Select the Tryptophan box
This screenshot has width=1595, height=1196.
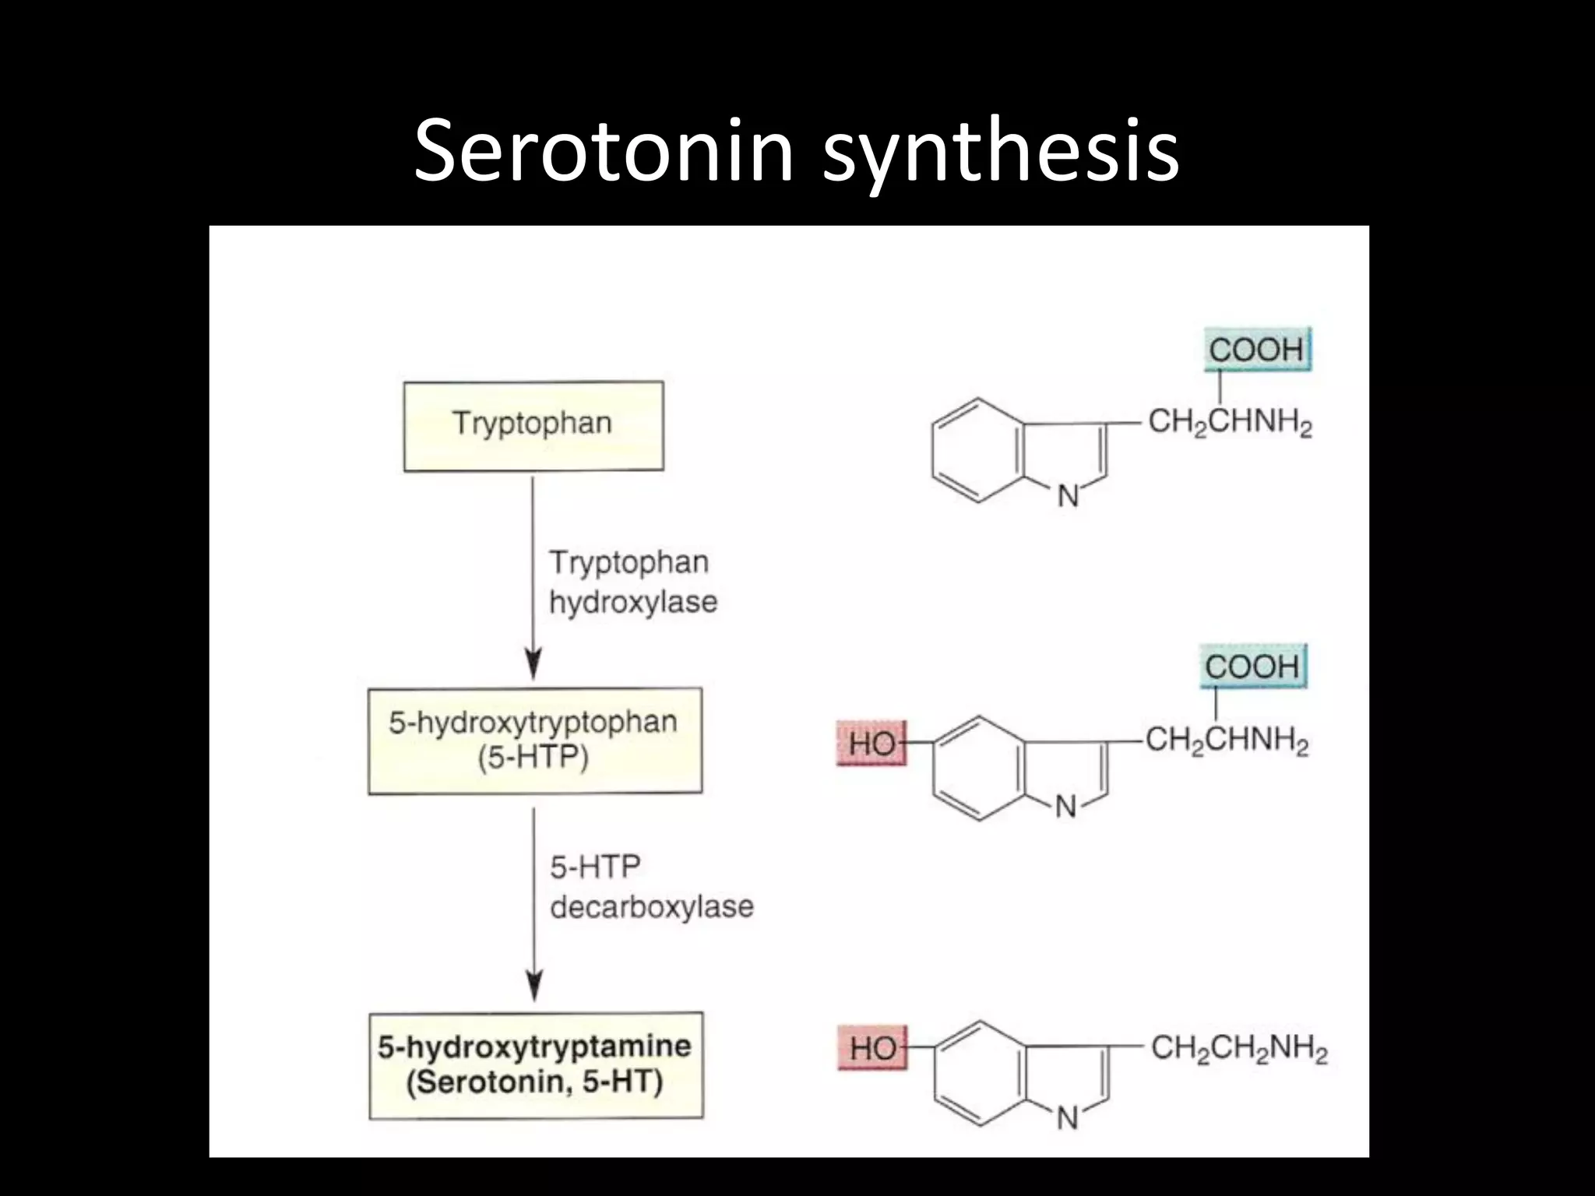pos(533,426)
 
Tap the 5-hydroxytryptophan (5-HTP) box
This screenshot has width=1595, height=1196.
pos(534,740)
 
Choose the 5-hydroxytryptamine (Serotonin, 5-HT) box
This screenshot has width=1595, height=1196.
pos(535,1065)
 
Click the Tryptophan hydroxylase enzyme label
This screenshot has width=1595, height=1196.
pos(632,582)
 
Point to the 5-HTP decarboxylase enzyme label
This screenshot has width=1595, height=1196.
pos(651,886)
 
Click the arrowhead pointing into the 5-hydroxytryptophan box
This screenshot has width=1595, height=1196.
pos(533,667)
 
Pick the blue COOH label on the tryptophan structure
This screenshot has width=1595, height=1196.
pos(1256,350)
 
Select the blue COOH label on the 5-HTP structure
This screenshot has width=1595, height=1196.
pos(1252,667)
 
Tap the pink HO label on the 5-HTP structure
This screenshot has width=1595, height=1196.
pos(871,744)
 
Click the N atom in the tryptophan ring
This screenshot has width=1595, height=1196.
pos(1069,496)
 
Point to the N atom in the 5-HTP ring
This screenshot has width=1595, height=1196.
pos(1065,807)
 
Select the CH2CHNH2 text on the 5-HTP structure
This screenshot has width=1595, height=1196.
pos(1227,740)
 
